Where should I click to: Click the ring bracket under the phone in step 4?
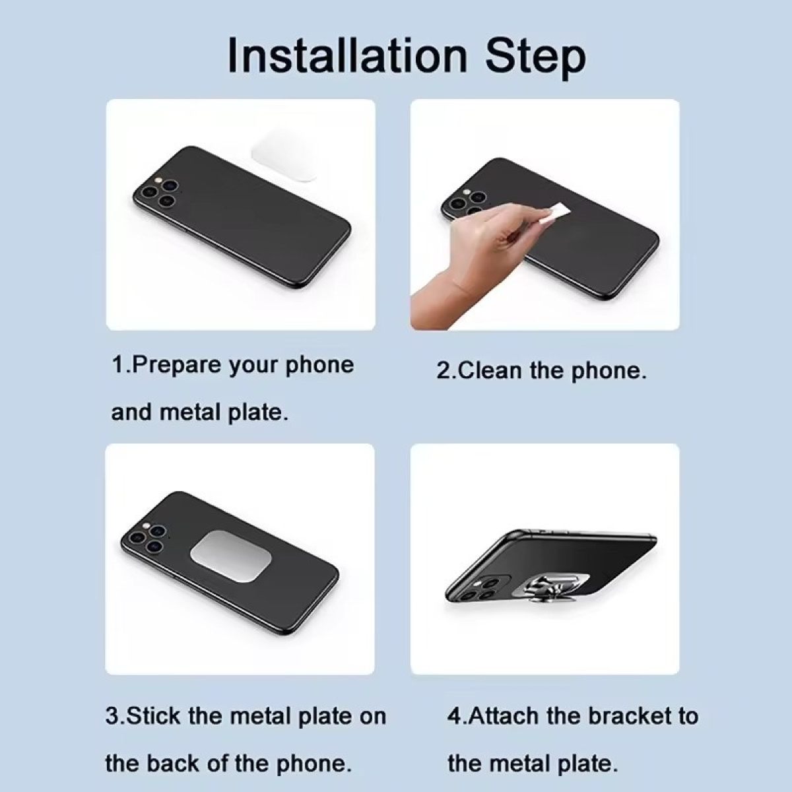coord(543,588)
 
